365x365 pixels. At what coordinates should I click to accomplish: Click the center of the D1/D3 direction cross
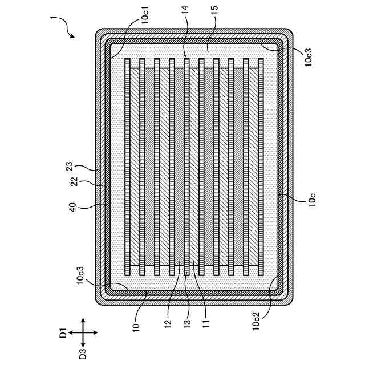point(82,331)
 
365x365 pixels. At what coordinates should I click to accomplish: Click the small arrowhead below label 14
point(185,56)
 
